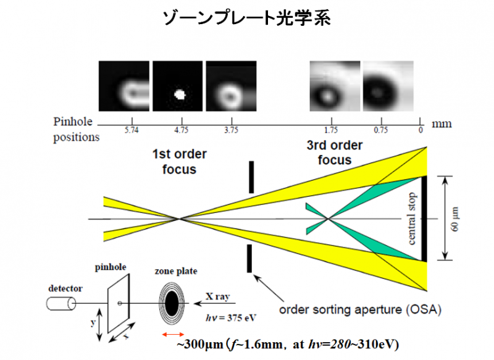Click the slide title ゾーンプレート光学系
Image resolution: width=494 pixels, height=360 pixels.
[x=246, y=18]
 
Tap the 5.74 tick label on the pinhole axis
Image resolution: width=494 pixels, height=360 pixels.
[x=132, y=130]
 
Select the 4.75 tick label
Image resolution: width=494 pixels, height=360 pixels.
[x=182, y=130]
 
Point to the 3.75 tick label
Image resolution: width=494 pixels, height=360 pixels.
[x=231, y=130]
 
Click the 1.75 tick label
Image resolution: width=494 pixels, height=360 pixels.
[x=331, y=130]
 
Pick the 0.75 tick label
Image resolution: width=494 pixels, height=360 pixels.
[x=381, y=130]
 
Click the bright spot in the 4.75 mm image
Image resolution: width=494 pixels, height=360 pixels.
[x=180, y=94]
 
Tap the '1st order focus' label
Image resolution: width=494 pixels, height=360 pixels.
[x=180, y=162]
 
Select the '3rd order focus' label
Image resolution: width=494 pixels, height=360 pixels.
[x=335, y=153]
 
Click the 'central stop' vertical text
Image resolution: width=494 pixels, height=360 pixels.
[x=411, y=219]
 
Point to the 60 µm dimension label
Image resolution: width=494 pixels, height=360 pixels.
[x=456, y=219]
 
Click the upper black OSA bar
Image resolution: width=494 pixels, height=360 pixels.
[x=251, y=177]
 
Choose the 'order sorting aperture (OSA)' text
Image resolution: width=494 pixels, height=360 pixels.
[x=360, y=309]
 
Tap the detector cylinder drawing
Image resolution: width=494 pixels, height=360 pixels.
[x=61, y=304]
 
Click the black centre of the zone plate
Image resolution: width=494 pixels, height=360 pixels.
[x=172, y=303]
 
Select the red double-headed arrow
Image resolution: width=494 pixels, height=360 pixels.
[x=173, y=334]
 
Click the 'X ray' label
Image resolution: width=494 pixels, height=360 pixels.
[x=218, y=296]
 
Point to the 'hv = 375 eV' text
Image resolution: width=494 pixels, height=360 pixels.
[x=231, y=317]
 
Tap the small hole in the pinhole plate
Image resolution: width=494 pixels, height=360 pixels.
[x=120, y=303]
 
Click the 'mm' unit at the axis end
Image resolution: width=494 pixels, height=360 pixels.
[x=442, y=123]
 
